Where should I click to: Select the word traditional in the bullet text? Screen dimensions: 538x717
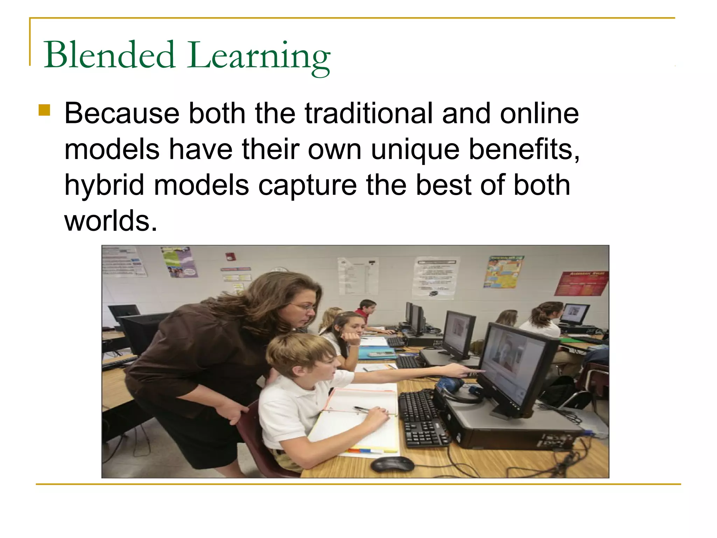point(369,113)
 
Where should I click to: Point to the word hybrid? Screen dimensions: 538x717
point(104,186)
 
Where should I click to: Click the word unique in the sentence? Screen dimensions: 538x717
point(415,150)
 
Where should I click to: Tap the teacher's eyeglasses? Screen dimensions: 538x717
point(304,307)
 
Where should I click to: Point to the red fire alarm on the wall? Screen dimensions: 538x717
point(230,256)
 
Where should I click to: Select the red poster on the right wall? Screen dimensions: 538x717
point(582,283)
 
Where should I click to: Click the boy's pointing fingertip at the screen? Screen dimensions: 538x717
point(483,371)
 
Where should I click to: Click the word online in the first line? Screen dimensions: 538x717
point(539,113)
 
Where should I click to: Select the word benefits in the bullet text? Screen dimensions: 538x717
point(523,150)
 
